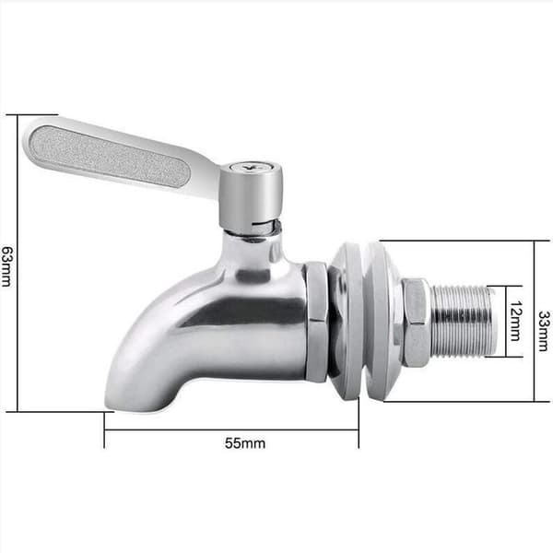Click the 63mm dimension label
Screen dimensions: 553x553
7,266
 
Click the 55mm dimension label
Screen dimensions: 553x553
245,443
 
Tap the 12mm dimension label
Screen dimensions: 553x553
515,321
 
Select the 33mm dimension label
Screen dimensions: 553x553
544,331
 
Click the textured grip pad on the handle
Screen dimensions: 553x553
110,156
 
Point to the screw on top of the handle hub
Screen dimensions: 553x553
251,166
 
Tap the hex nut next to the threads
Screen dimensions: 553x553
416,323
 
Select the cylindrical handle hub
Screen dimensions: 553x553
251,194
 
